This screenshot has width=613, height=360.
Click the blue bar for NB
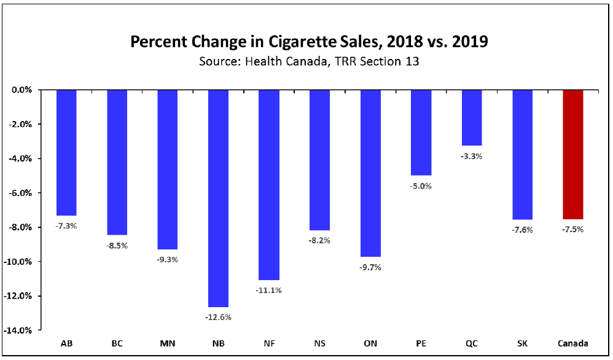tap(218, 198)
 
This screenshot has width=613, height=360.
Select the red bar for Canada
tap(573, 154)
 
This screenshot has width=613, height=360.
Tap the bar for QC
tap(472, 117)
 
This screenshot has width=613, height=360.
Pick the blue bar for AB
tap(66, 152)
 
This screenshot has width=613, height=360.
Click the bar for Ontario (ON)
tap(370, 173)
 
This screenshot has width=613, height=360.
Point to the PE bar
tap(421, 132)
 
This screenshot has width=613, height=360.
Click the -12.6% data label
tap(218, 317)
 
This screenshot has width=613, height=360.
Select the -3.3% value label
tap(472, 156)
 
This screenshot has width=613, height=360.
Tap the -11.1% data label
tap(269, 290)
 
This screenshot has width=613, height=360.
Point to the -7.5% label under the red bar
tap(573, 230)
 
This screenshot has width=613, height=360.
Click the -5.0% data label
tap(421, 186)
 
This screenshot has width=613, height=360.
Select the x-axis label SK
tap(523, 343)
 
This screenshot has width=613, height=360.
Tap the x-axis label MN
tap(167, 343)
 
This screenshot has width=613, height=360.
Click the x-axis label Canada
tap(573, 343)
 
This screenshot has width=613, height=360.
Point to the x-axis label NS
tap(319, 343)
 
